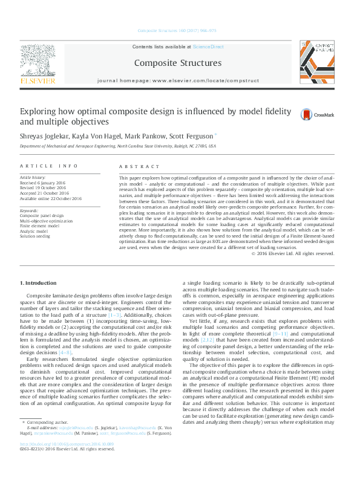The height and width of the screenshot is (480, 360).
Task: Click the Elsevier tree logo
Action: (x=38, y=60)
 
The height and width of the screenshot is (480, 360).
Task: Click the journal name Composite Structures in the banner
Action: (x=177, y=63)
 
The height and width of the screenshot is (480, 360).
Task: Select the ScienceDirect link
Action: (x=208, y=47)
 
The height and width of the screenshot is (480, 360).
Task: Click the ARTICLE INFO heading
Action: (x=49, y=166)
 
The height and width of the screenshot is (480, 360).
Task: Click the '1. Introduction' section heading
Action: (x=39, y=282)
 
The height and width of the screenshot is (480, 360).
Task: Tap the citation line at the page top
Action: (x=177, y=30)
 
